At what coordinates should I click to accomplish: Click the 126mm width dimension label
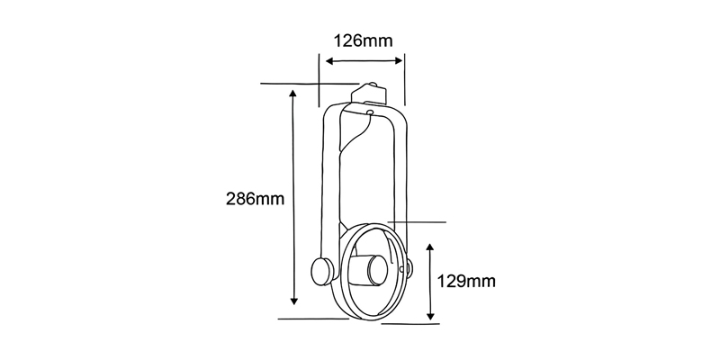click(x=363, y=41)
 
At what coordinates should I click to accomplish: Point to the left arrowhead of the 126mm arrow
click(x=328, y=61)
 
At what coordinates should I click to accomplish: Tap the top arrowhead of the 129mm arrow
click(x=431, y=245)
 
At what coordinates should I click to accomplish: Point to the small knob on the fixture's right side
click(x=409, y=267)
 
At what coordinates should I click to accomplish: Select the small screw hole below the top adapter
click(x=369, y=112)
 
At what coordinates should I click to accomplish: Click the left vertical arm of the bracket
click(x=329, y=180)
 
